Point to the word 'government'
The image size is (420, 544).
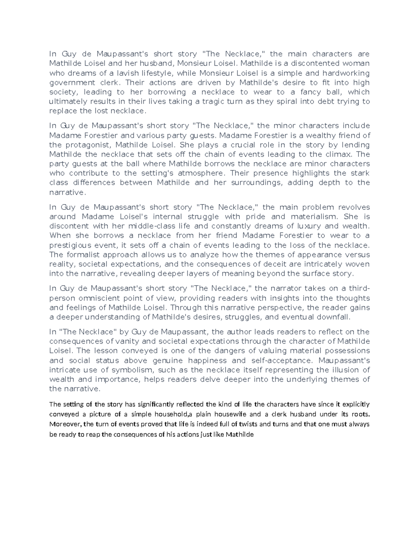coord(72,83)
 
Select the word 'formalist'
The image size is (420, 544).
coord(92,255)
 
